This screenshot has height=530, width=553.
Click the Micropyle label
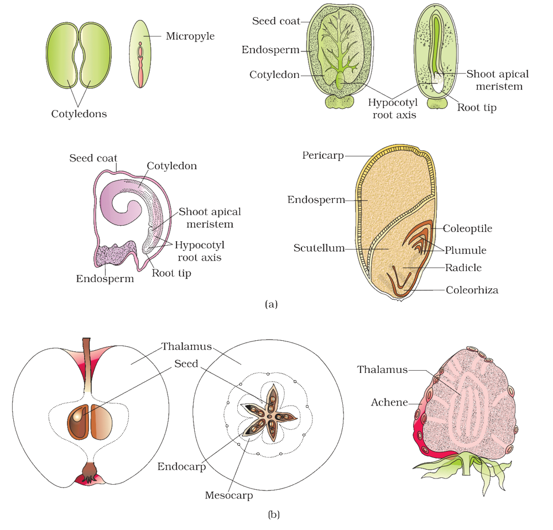tap(190, 36)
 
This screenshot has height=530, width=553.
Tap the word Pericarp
tap(323, 155)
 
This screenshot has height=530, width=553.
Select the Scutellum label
tap(319, 248)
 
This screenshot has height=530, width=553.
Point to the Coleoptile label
tap(467, 228)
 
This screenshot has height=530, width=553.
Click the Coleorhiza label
tap(472, 290)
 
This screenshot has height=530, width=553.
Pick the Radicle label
tap(463, 268)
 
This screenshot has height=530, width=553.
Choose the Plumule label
tap(466, 250)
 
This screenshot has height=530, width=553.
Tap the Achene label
tap(389, 402)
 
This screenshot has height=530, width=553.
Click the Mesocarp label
tap(229, 495)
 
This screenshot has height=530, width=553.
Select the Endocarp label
tap(181, 466)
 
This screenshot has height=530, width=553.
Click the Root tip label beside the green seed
tap(477, 107)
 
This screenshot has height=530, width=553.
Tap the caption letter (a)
tap(271, 304)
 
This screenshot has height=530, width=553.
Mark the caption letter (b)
tap(274, 515)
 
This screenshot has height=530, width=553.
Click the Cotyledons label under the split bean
tap(79, 114)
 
